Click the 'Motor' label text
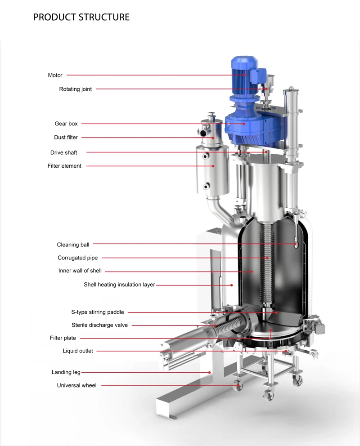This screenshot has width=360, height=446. point(55,76)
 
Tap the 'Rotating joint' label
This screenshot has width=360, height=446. point(76,89)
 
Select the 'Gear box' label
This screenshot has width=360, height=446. point(66,124)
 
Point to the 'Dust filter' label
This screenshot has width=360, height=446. point(66,138)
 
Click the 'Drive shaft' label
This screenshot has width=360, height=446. point(64,152)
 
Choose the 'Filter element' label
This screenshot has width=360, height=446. point(64,166)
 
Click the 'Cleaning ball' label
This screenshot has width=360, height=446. point(73,245)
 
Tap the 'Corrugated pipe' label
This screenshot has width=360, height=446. point(78,258)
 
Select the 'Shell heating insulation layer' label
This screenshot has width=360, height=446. point(120,285)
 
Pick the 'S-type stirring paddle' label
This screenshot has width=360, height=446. point(98,312)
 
